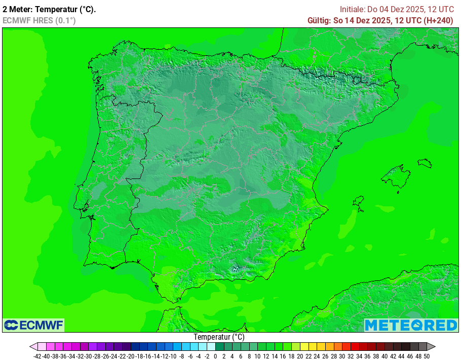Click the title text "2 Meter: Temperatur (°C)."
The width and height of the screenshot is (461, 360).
coord(49,9)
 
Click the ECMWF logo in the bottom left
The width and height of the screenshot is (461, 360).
coord(33,325)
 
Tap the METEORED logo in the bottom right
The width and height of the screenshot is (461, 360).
coord(411,325)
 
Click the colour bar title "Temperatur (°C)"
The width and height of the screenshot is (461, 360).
coord(219,337)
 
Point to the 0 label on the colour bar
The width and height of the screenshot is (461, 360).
coord(215,356)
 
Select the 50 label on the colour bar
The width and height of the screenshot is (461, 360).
coord(427,356)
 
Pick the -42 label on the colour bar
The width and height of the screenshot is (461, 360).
coord(37,356)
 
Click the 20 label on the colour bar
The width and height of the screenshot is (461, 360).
coord(300,356)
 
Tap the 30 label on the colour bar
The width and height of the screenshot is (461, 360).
coord(342,356)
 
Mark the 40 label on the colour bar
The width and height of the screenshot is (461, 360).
coord(385,356)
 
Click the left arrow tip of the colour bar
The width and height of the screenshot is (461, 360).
coord(31,347)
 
